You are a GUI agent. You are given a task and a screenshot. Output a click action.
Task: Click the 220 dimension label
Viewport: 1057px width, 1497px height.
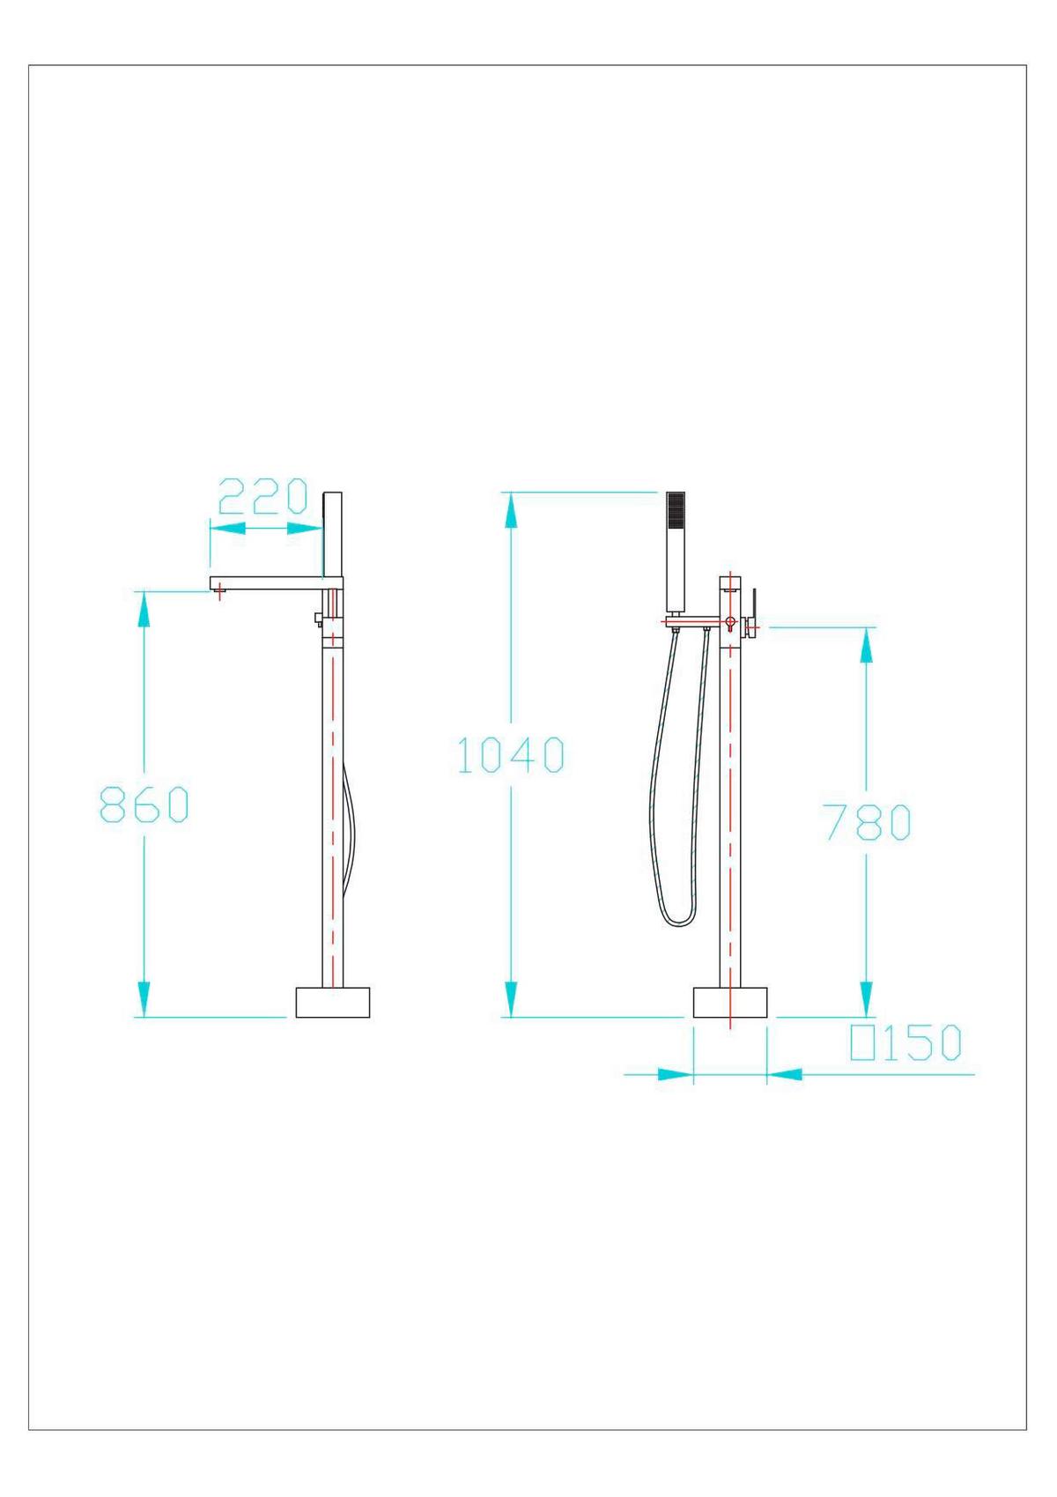click(x=262, y=497)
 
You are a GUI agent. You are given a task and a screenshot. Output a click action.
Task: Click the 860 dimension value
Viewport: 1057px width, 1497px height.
click(x=144, y=804)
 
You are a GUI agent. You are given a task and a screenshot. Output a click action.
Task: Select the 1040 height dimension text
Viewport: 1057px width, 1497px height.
click(x=511, y=755)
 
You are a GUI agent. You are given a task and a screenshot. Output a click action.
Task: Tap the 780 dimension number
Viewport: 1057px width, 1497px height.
click(x=868, y=822)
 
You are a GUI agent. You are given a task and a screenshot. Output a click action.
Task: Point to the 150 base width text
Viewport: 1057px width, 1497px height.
click(x=921, y=1043)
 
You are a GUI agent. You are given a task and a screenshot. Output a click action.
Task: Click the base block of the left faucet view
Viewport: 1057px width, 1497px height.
click(x=332, y=1003)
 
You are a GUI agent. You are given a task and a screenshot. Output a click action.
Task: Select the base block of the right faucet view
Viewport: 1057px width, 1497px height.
click(x=730, y=1003)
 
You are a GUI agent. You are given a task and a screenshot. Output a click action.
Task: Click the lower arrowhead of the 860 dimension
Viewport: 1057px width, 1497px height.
click(x=144, y=999)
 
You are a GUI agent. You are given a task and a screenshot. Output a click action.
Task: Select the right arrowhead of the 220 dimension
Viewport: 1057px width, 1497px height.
click(x=305, y=528)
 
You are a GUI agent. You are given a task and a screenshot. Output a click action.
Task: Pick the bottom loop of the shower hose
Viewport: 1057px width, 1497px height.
click(x=677, y=921)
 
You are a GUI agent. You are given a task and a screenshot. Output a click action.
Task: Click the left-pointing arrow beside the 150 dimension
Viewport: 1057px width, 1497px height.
click(x=786, y=1074)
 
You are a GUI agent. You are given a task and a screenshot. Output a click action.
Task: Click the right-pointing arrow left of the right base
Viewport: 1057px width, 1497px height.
click(x=675, y=1074)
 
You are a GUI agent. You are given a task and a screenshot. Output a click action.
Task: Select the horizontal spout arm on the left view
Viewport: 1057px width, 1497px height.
click(x=273, y=583)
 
